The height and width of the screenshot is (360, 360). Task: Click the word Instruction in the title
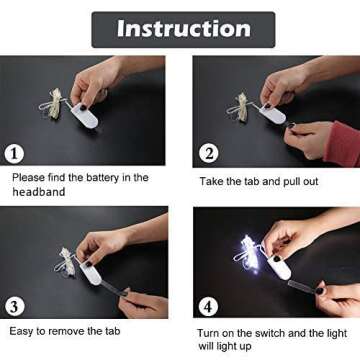tap(184, 29)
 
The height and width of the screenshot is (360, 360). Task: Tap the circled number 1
tap(14, 154)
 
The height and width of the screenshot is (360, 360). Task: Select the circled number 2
tap(209, 154)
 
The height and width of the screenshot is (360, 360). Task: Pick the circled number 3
tap(14, 307)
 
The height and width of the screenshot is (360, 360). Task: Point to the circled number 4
tap(208, 307)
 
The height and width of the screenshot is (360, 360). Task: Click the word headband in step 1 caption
tap(39, 192)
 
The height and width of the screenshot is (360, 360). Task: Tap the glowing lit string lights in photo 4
tap(249, 254)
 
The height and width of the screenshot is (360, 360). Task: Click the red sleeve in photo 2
tap(342, 144)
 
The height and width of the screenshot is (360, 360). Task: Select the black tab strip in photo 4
tap(303, 286)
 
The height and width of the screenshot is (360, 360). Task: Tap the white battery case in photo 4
tap(278, 268)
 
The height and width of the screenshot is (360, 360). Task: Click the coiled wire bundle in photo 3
tap(66, 262)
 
